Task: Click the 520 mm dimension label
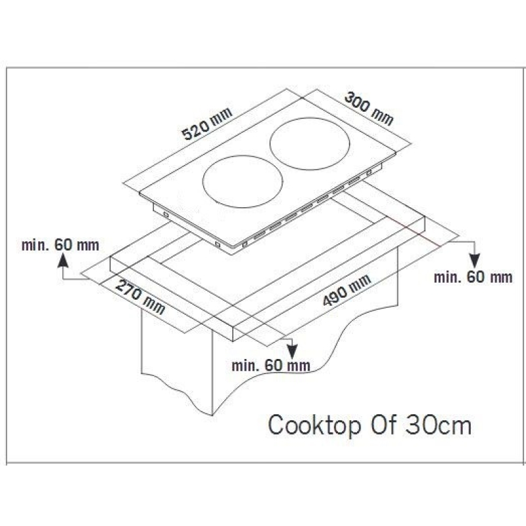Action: pos(206,124)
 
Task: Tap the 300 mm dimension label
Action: pos(369,108)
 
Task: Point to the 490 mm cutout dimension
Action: pos(347,290)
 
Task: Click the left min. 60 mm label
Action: pos(60,245)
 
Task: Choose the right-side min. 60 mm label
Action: pos(473,277)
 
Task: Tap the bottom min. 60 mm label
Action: pos(271,366)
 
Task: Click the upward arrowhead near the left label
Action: pos(62,260)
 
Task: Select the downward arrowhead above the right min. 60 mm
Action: pos(475,261)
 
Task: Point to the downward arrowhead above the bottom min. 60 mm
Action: pos(292,351)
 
